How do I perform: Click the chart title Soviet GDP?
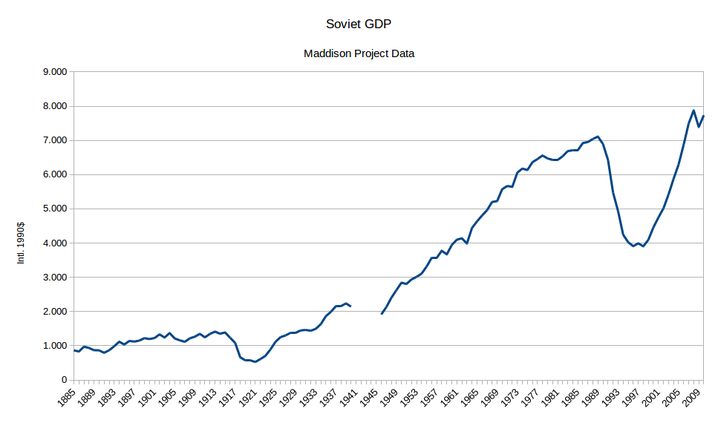[x=359, y=24]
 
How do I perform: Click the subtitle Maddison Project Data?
[x=359, y=53]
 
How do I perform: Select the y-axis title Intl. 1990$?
[x=22, y=242]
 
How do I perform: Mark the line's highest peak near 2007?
[x=693, y=111]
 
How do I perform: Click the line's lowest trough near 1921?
[x=255, y=362]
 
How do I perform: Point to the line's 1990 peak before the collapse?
[x=598, y=137]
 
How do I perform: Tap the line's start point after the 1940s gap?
[x=382, y=314]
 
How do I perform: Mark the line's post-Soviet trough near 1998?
[x=643, y=246]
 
